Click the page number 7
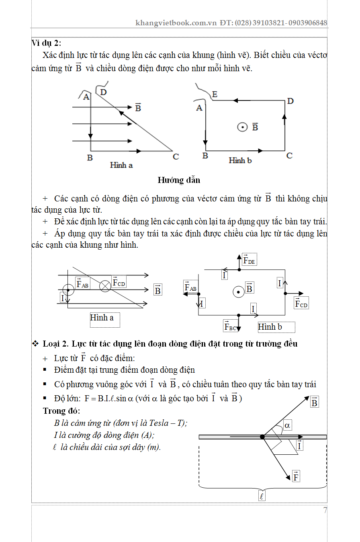point(325,510)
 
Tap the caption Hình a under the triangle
point(121,165)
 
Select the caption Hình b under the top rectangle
point(240,160)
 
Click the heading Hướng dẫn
point(178,180)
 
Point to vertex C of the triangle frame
point(176,156)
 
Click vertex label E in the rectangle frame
point(215,94)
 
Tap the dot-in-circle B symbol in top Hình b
point(242,127)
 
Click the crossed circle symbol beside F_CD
point(105,286)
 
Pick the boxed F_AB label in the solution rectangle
point(190,287)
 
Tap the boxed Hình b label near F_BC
point(270,327)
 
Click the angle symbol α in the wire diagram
point(287,425)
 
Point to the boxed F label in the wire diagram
point(296,477)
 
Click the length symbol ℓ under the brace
point(262,497)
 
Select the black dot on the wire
point(262,437)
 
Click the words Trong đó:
point(61,411)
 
